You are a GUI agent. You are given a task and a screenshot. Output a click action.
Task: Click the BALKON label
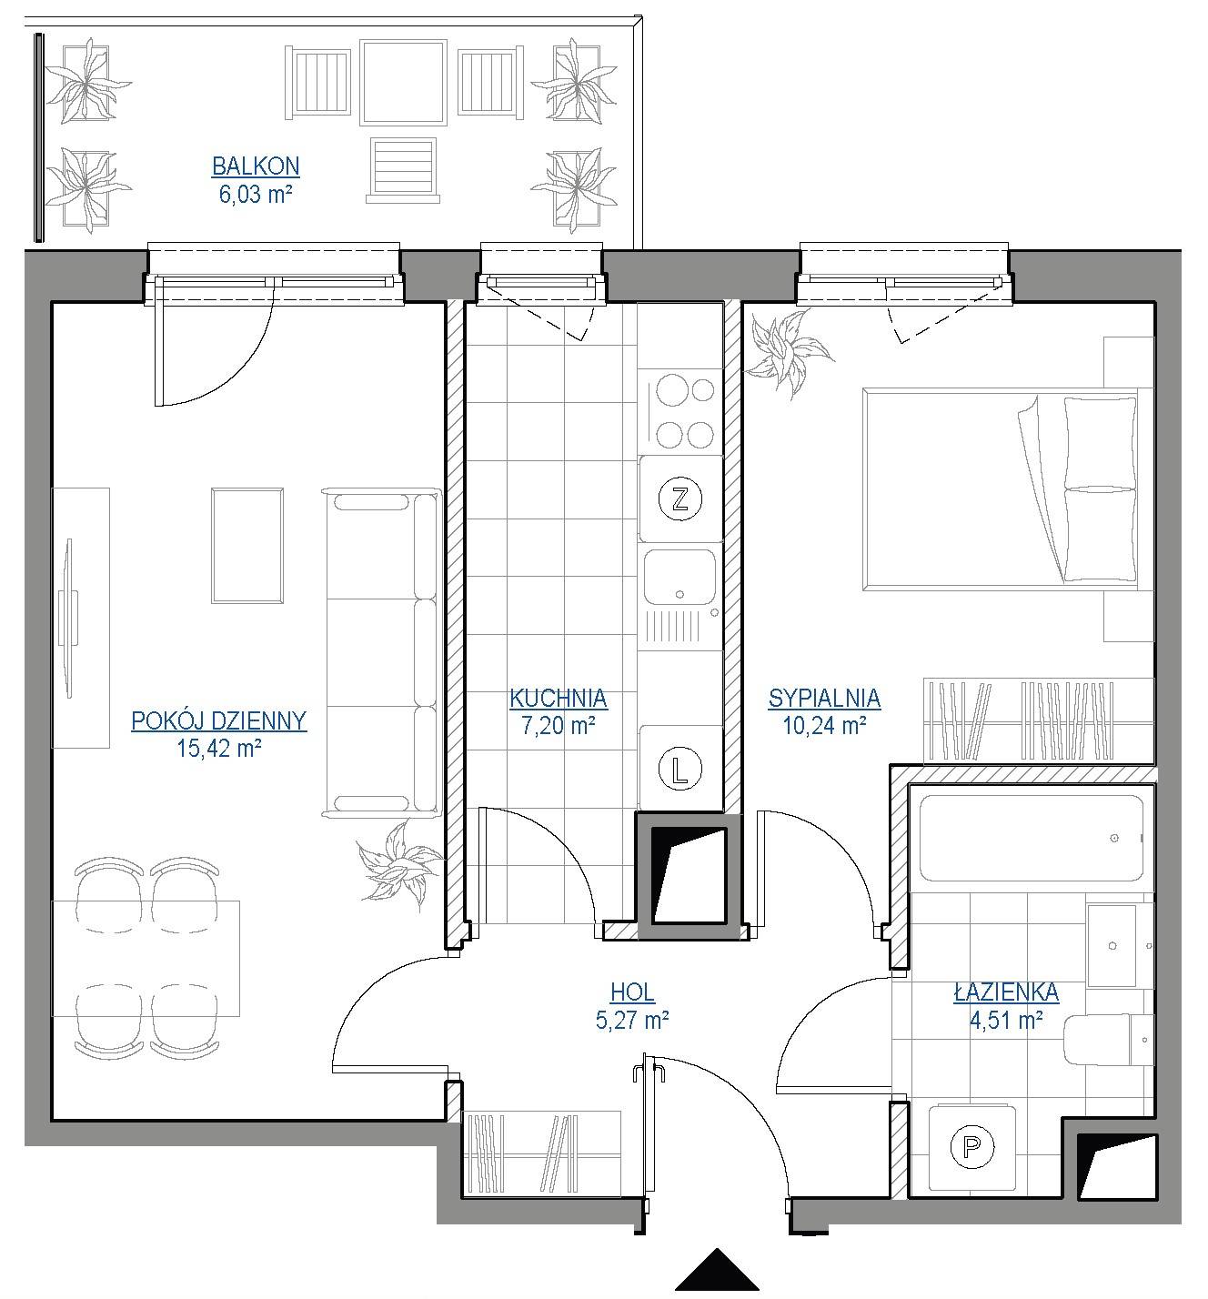256,166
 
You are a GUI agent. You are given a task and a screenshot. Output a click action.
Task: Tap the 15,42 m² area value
219,749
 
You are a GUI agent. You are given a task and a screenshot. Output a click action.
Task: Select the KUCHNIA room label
559,699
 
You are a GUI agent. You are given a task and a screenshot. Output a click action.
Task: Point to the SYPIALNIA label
824,699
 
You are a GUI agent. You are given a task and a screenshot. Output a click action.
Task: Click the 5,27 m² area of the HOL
632,1021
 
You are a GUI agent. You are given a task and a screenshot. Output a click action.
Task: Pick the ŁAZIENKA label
1006,992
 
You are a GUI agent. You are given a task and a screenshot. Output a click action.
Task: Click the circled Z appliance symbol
679,499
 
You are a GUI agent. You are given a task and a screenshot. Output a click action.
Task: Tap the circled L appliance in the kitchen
679,770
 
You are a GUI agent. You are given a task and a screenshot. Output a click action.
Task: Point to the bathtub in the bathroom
1032,839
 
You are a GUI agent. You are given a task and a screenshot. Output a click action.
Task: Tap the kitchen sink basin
679,577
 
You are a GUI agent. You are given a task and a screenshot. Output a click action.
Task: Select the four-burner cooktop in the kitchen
680,411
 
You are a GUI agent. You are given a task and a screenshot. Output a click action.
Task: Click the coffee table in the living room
247,546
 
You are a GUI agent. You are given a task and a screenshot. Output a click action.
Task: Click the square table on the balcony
404,83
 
